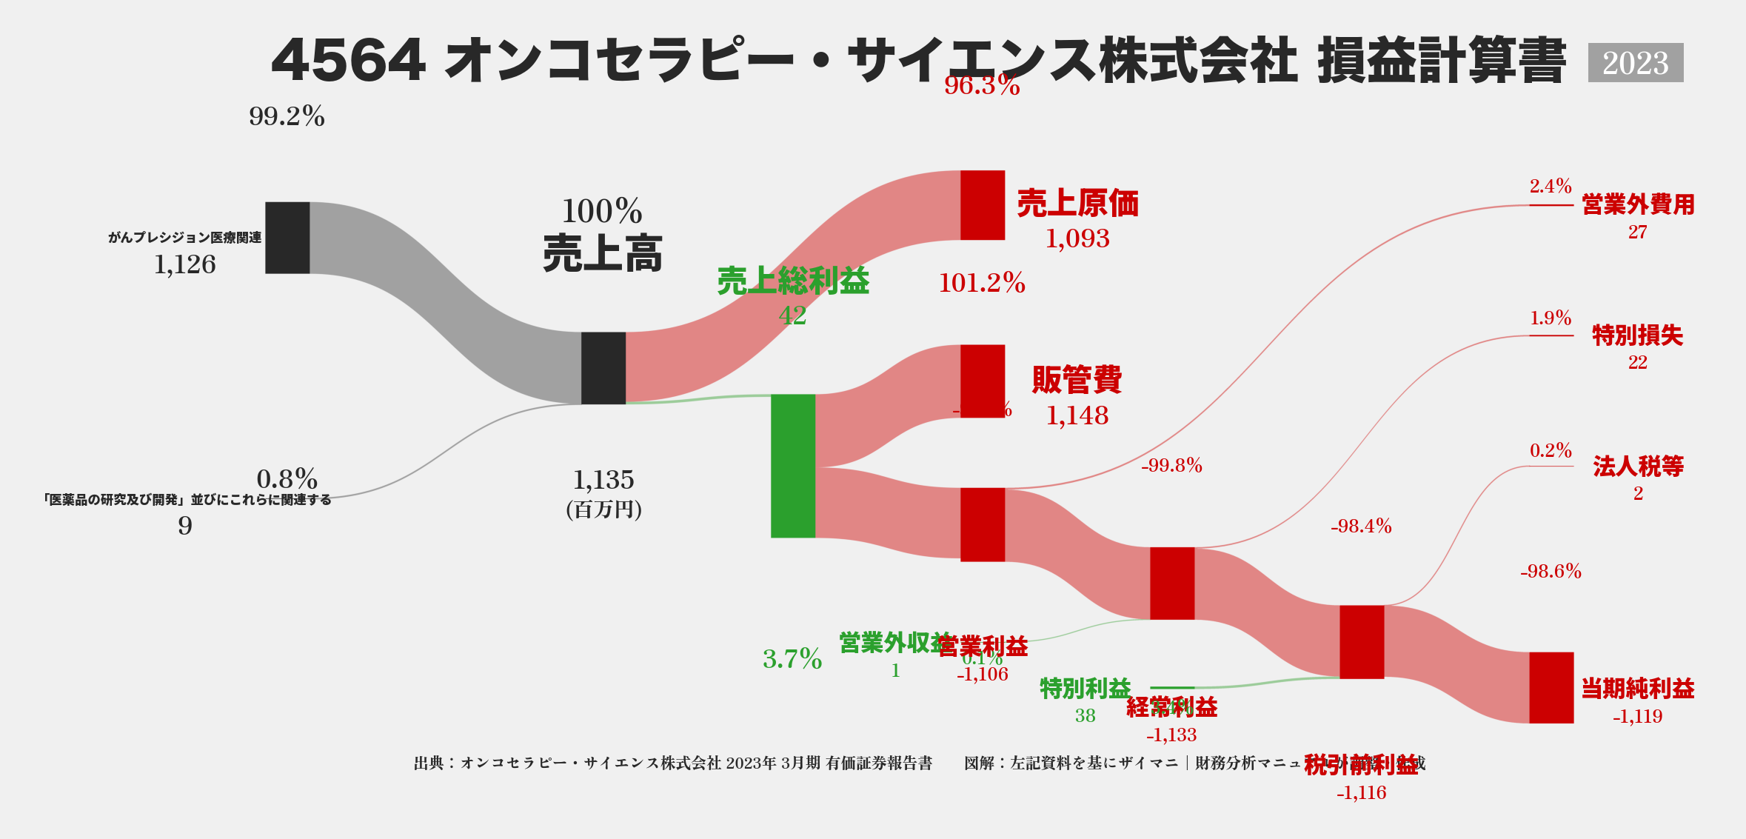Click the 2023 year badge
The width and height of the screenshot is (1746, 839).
click(x=1635, y=63)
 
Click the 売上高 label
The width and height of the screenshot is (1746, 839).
click(x=603, y=253)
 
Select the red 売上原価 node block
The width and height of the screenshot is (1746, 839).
click(x=983, y=205)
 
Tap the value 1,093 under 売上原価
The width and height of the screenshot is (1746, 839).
click(x=1077, y=238)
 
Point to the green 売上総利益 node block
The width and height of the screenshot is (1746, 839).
click(x=793, y=466)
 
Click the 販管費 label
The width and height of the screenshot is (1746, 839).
click(x=1077, y=380)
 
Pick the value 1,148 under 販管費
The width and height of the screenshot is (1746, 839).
click(x=1077, y=415)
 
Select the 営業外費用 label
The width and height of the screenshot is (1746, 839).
click(x=1638, y=204)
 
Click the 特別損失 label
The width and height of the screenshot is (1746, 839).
click(x=1638, y=335)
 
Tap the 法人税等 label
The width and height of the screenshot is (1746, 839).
click(x=1638, y=466)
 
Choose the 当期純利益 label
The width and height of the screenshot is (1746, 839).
click(x=1638, y=689)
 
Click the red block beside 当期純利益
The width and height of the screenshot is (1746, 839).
click(x=1551, y=688)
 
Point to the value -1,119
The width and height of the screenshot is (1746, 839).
click(x=1638, y=716)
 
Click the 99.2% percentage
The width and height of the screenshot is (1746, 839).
click(x=287, y=116)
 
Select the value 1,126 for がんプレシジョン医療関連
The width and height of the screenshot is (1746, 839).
click(x=185, y=264)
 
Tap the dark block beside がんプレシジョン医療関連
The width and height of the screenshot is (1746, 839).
click(x=287, y=238)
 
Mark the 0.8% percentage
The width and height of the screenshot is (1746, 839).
click(x=287, y=478)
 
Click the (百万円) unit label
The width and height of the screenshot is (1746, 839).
click(x=603, y=509)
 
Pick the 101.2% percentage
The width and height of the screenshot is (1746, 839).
click(x=982, y=283)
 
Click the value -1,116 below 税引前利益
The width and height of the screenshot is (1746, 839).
click(x=1361, y=793)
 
